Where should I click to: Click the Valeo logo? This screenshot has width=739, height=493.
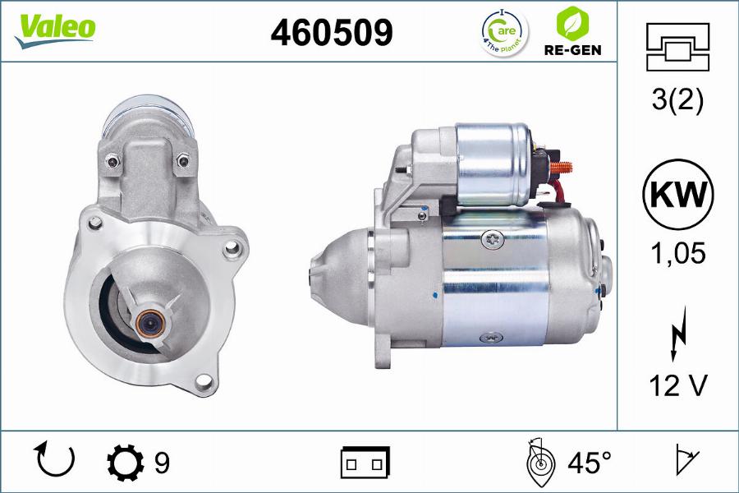(54, 27)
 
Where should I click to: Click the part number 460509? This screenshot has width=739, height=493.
(332, 32)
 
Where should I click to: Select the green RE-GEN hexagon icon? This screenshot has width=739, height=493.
(573, 22)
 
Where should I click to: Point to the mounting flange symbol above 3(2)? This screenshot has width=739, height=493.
(677, 46)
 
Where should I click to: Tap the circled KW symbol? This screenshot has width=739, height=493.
(677, 195)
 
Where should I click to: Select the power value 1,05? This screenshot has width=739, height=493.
(677, 254)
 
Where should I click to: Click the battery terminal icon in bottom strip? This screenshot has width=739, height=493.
(365, 463)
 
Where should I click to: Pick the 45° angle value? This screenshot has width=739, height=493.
(590, 463)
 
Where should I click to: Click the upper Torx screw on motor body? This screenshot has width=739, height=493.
(493, 239)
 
